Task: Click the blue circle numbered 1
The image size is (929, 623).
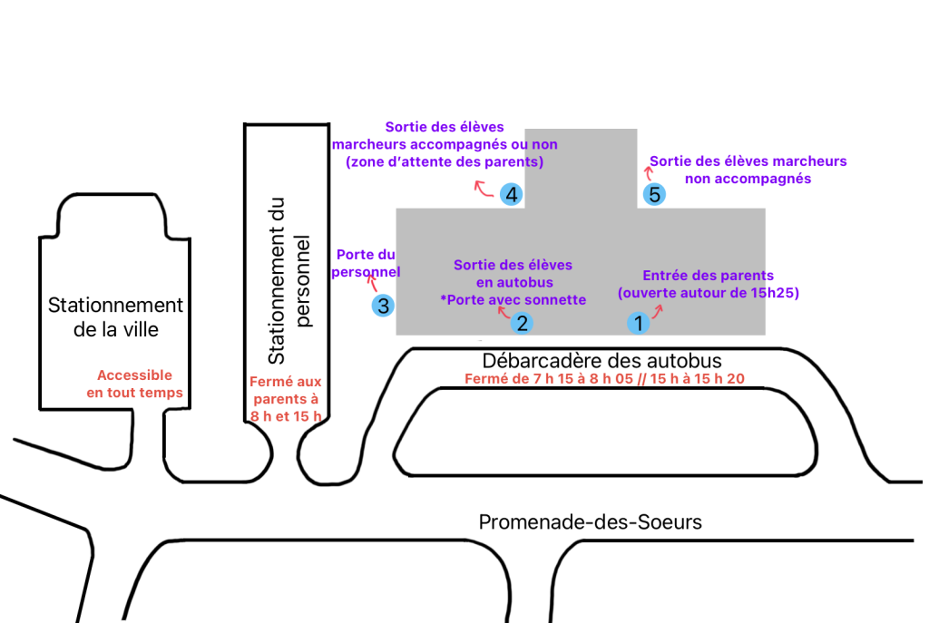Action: [x=638, y=322]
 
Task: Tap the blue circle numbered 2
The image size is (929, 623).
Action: [x=521, y=322]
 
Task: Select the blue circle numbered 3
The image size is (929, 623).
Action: [x=383, y=306]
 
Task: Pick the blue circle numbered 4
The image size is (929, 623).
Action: [x=512, y=194]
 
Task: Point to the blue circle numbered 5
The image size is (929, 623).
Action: [x=653, y=194]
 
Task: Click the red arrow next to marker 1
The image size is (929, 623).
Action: [x=659, y=311]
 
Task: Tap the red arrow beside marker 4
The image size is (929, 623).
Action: [x=482, y=189]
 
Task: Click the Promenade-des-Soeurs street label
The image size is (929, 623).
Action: [x=590, y=522]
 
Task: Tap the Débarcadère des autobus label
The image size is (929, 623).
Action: [x=602, y=361]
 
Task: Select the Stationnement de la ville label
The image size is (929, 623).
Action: [x=115, y=316]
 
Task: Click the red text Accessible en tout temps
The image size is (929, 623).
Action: [x=134, y=385]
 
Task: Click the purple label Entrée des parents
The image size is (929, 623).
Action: [x=708, y=276]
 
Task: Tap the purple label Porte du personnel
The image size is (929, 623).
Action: [x=367, y=263]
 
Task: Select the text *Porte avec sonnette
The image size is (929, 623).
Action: [x=513, y=300]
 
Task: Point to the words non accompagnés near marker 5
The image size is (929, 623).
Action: [x=748, y=179]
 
